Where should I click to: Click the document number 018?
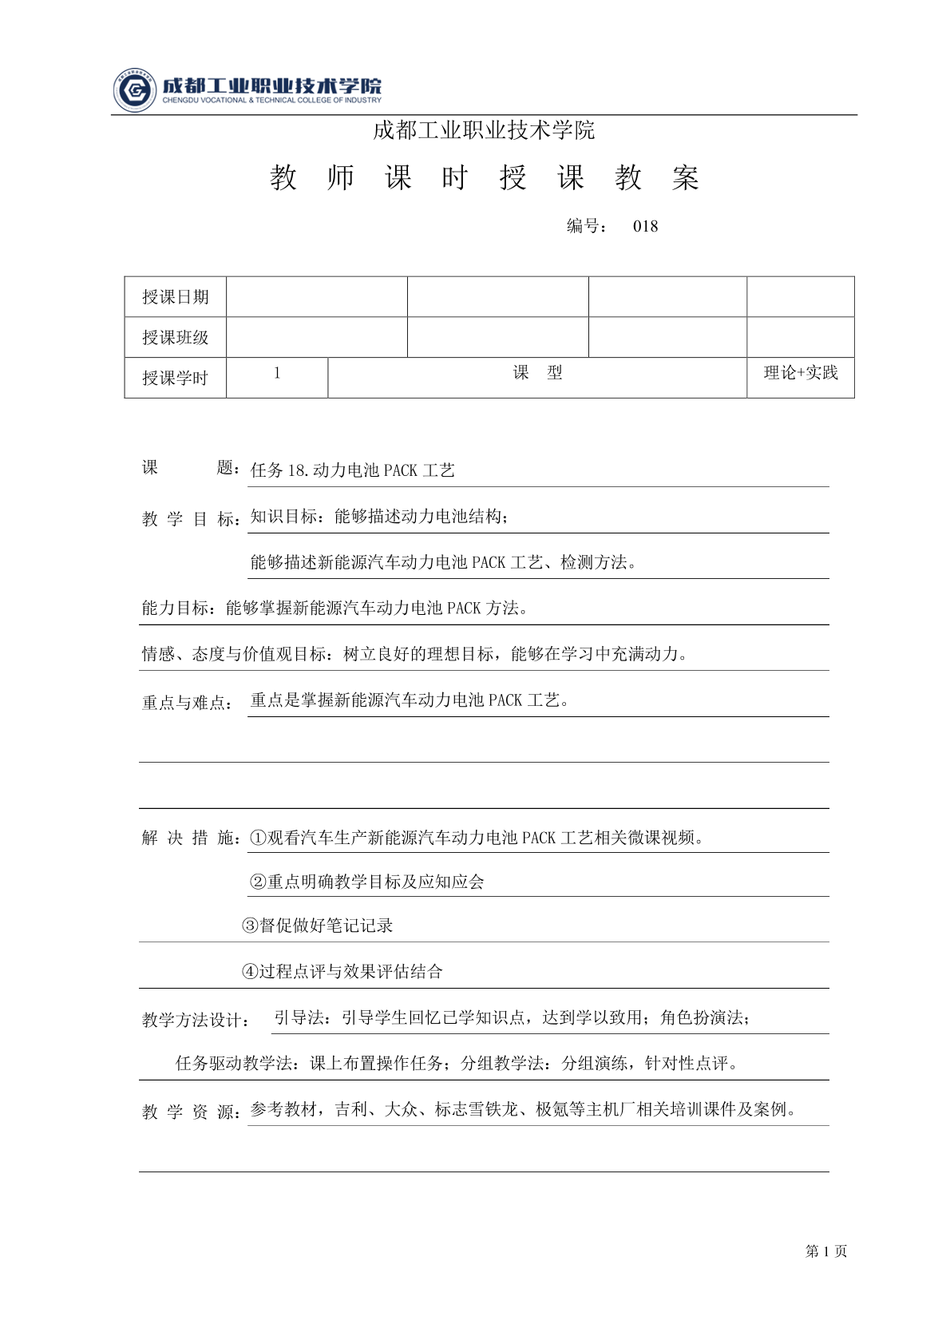pos(645,227)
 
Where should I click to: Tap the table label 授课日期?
pos(175,297)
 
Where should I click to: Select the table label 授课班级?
pos(175,338)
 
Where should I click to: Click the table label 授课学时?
pos(175,379)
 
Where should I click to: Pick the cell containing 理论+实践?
pos(800,373)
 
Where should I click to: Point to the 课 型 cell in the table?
pos(537,373)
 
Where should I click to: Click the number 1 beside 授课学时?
pos(277,373)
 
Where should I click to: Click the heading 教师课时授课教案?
pos(485,179)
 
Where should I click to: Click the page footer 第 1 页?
pos(826,1252)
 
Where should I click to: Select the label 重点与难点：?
pos(188,703)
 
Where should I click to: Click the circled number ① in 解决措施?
pos(258,839)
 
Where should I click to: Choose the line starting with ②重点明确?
pos(367,882)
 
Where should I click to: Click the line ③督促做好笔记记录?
pos(317,926)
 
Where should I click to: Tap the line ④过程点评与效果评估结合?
pos(342,972)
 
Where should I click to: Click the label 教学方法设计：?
pos(195,1020)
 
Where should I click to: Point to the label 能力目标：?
pos(179,609)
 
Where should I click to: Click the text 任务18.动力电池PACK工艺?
pos(352,471)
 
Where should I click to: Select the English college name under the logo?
pos(271,101)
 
